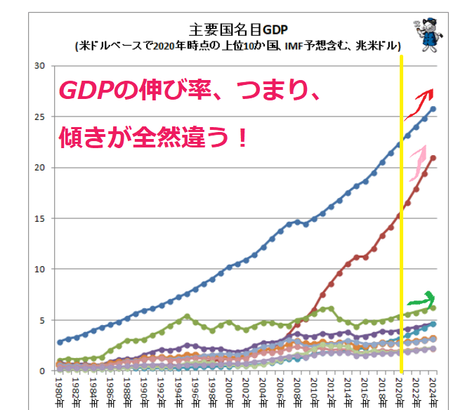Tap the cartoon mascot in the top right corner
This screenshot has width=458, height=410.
(x=426, y=32)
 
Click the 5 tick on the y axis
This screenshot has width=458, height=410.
(x=41, y=320)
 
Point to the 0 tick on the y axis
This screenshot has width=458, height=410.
(x=41, y=371)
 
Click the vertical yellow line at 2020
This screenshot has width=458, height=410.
(x=401, y=211)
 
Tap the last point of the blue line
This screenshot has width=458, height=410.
(x=433, y=109)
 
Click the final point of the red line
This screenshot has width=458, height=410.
(x=433, y=158)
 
